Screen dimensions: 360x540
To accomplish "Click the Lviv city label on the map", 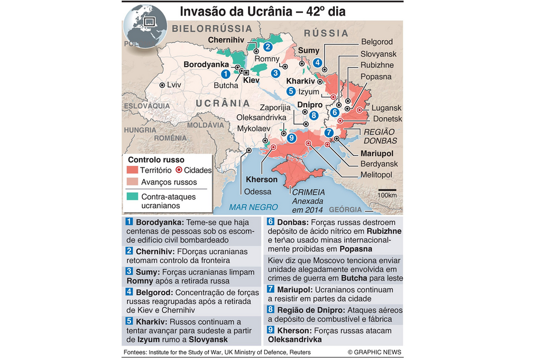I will [x=174, y=85].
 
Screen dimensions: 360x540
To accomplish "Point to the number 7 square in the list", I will [x=271, y=289].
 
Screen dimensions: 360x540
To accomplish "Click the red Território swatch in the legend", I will [x=132, y=170].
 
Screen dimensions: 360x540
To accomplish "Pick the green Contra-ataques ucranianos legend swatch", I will [x=132, y=196].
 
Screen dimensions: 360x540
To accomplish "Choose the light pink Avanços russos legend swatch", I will [x=132, y=182].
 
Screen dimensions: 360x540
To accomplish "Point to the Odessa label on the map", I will [x=257, y=192].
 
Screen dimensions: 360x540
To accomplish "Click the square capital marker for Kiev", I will [x=246, y=72].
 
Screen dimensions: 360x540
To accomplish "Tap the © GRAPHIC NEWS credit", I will [x=374, y=352].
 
